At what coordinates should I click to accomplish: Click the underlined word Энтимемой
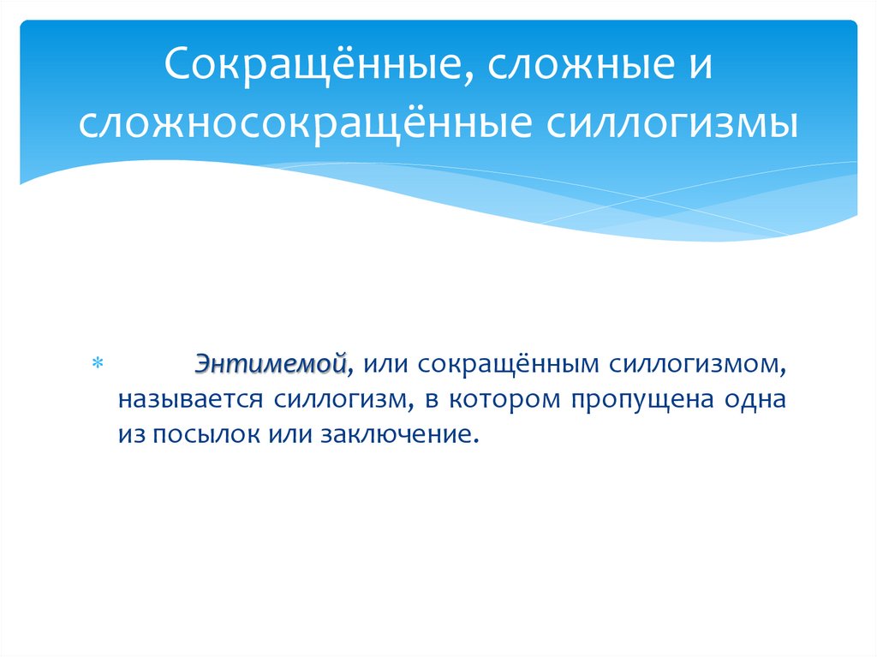(270, 362)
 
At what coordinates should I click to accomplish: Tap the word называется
(194, 399)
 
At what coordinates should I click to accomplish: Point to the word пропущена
(636, 399)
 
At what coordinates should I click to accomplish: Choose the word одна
(756, 399)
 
